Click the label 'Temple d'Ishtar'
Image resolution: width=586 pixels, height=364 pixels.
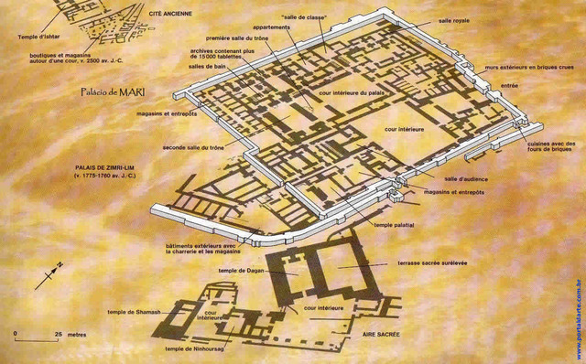coord(39,37)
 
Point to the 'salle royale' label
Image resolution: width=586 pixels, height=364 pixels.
coord(457,19)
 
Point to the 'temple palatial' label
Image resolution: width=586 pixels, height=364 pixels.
coord(397,224)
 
